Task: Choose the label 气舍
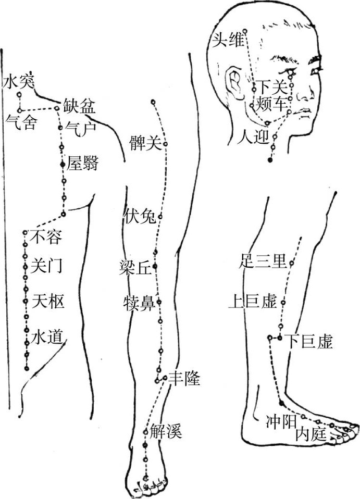[20, 123]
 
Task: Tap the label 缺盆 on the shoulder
[79, 107]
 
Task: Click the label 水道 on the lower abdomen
[48, 336]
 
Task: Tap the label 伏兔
[140, 215]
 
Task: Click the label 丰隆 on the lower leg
[184, 379]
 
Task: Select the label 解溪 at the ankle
[166, 431]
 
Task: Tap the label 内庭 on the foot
[311, 433]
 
